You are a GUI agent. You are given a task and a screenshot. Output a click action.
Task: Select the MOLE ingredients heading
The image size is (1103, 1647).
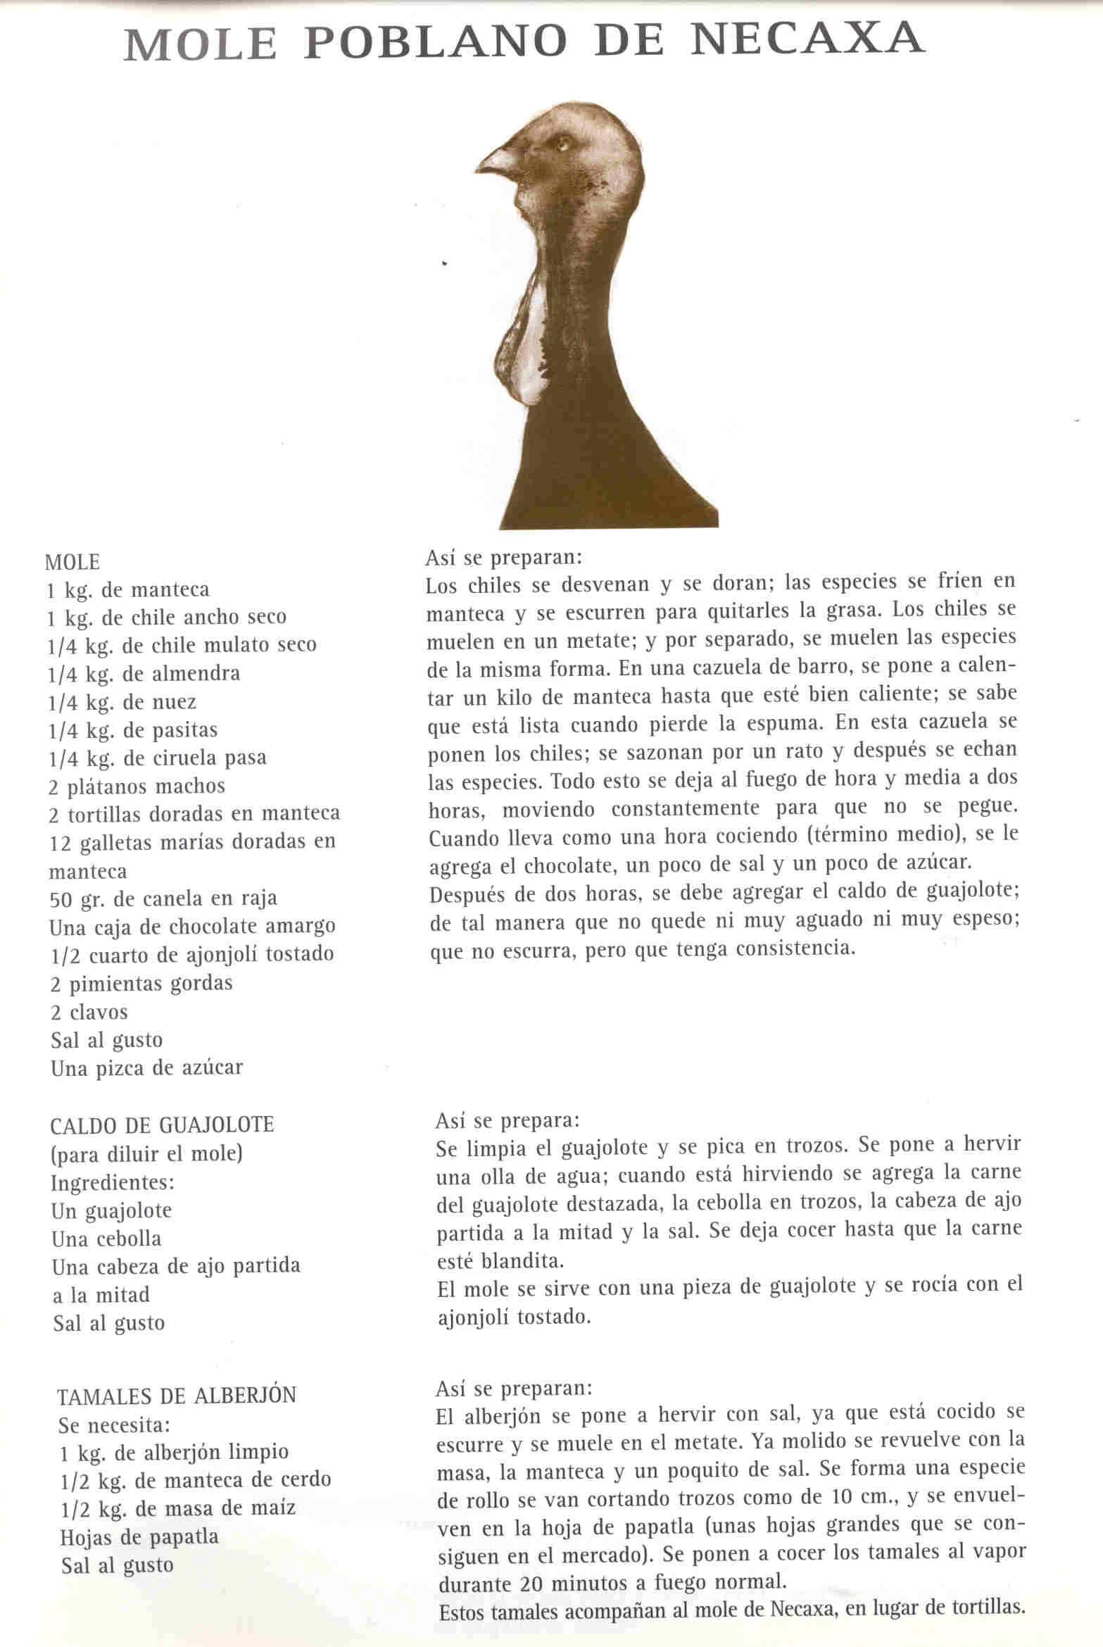tap(72, 562)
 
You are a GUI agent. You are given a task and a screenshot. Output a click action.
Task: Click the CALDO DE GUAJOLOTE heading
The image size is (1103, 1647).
tap(162, 1124)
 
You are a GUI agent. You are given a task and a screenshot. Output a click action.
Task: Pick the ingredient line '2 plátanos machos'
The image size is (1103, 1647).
tap(137, 785)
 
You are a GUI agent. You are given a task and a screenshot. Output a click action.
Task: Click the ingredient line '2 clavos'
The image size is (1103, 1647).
tap(89, 1012)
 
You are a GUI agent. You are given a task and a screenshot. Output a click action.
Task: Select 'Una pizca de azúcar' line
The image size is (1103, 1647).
tap(146, 1067)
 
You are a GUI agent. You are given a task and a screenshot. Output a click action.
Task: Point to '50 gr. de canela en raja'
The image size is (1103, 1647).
tap(163, 898)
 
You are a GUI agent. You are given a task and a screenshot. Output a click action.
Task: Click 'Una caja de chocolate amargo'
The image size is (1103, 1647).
tap(192, 926)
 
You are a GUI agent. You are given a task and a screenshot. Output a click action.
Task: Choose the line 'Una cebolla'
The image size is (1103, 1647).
tap(106, 1238)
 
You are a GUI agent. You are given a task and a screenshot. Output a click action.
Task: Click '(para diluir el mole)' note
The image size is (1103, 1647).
tap(146, 1153)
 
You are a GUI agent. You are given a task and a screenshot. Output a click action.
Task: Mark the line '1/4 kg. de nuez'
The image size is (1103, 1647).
tap(122, 701)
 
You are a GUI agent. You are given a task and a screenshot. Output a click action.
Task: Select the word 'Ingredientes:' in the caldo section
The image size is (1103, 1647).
tap(112, 1181)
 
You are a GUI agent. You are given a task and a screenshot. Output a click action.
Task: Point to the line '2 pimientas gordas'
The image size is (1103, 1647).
tap(141, 983)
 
